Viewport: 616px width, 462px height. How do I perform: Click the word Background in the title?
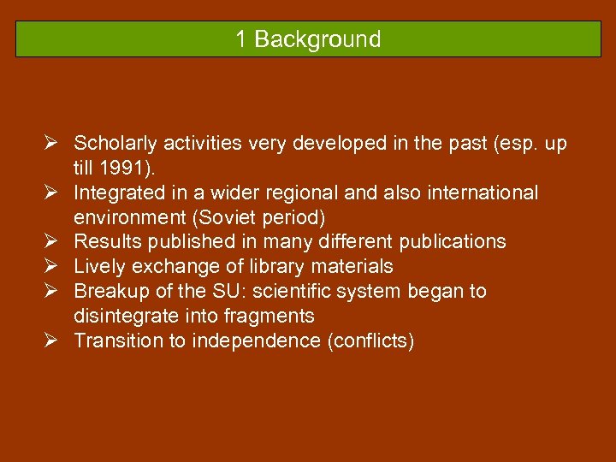(317, 39)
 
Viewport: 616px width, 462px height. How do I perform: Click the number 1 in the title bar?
(242, 39)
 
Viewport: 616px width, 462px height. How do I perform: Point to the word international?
(479, 192)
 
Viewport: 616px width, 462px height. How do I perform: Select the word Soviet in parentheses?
(204, 217)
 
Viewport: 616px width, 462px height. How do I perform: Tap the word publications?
(453, 242)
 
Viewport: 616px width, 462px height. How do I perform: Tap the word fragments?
(272, 317)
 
